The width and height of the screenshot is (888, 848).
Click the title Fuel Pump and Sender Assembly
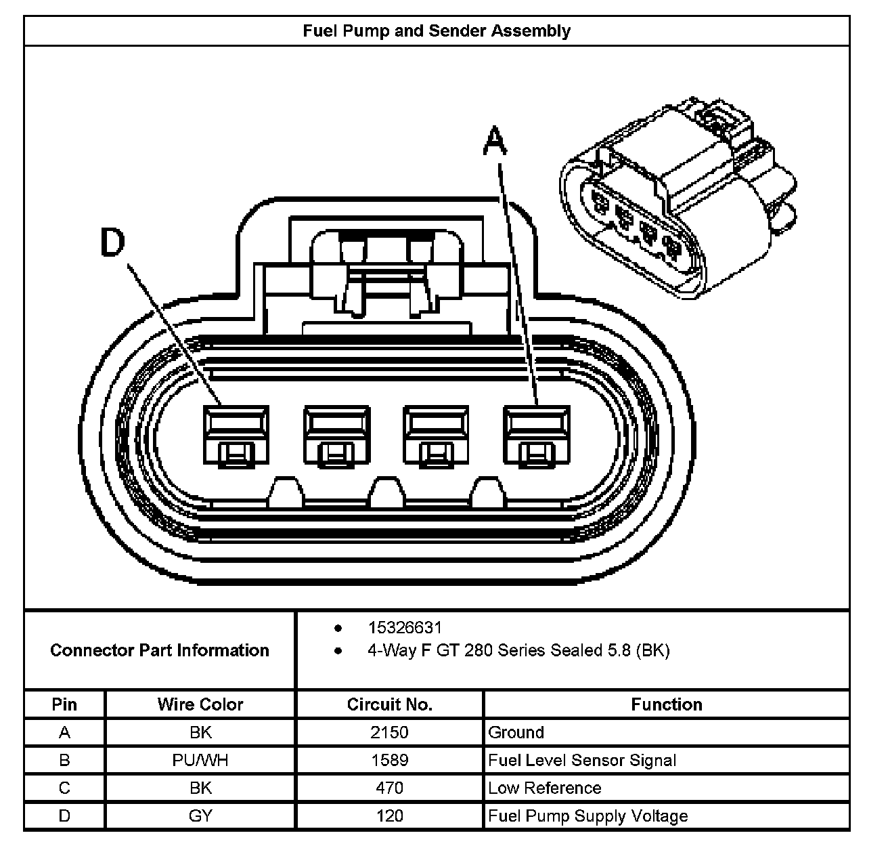pyautogui.click(x=437, y=30)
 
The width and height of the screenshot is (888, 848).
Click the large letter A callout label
pyautogui.click(x=495, y=141)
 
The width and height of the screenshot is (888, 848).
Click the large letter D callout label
pyautogui.click(x=112, y=242)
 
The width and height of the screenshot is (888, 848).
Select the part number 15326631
pyautogui.click(x=405, y=627)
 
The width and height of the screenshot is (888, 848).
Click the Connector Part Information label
pyautogui.click(x=160, y=650)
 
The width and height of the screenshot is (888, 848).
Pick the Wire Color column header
pyautogui.click(x=200, y=704)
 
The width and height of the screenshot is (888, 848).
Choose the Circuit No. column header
pyautogui.click(x=389, y=704)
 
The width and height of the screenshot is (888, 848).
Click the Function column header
pyautogui.click(x=667, y=704)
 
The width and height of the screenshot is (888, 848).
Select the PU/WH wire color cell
pyautogui.click(x=200, y=761)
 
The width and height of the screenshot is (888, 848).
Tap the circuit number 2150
pyautogui.click(x=389, y=732)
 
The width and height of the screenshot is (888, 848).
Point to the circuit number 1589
pyautogui.click(x=389, y=761)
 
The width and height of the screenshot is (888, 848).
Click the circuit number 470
pyautogui.click(x=389, y=788)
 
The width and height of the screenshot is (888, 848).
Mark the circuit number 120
pyautogui.click(x=389, y=816)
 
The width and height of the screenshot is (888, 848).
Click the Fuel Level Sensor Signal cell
pyautogui.click(x=582, y=761)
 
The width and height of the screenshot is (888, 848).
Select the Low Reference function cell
pyautogui.click(x=545, y=788)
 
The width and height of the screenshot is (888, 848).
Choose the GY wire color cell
pyautogui.click(x=200, y=816)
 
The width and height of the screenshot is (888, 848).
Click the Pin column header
pyautogui.click(x=64, y=704)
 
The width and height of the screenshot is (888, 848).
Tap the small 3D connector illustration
pyautogui.click(x=678, y=198)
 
